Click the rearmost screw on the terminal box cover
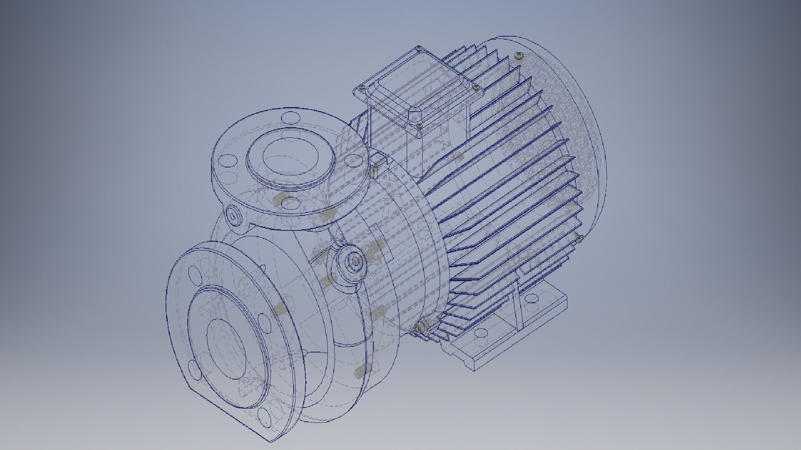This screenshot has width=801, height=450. [x=418, y=49]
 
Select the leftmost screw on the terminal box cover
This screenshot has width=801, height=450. [x=361, y=87]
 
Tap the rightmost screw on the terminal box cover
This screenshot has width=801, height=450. [x=475, y=87]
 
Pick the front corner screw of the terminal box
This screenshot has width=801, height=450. [x=419, y=125]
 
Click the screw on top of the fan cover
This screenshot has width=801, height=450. [x=519, y=55]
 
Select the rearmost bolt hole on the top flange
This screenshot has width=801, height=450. [x=289, y=117]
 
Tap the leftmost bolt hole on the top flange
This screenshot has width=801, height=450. [x=228, y=160]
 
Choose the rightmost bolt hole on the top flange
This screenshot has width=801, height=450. [x=353, y=160]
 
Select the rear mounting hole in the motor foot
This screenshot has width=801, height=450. [x=531, y=298]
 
